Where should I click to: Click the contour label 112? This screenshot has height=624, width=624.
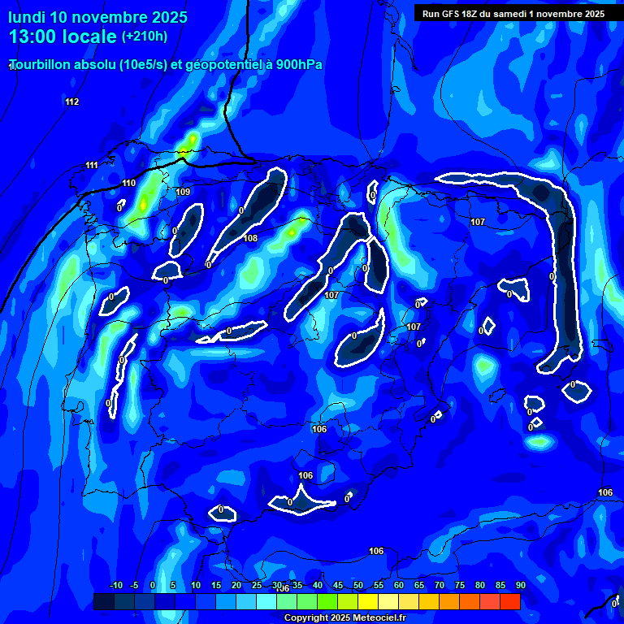[x=72, y=102]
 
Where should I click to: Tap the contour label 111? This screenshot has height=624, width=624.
[x=92, y=166]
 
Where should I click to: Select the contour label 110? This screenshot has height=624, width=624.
[x=129, y=184]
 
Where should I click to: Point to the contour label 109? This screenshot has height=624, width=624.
[x=183, y=192]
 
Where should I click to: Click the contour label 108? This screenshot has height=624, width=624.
[x=250, y=238]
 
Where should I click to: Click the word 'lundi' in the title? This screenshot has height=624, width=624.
[x=28, y=17]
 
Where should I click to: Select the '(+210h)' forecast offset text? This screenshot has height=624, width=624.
[x=145, y=37]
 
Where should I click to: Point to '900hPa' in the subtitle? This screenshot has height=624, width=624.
[x=299, y=64]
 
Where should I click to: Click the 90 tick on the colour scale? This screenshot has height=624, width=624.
[x=520, y=585]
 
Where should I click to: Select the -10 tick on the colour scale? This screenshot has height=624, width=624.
[x=116, y=585]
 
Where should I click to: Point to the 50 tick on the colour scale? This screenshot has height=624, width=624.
[x=358, y=585]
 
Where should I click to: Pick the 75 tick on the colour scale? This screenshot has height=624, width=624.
[x=460, y=585]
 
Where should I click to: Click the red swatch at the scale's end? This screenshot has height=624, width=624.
[x=510, y=601]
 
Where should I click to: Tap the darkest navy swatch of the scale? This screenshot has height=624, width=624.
[x=104, y=601]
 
